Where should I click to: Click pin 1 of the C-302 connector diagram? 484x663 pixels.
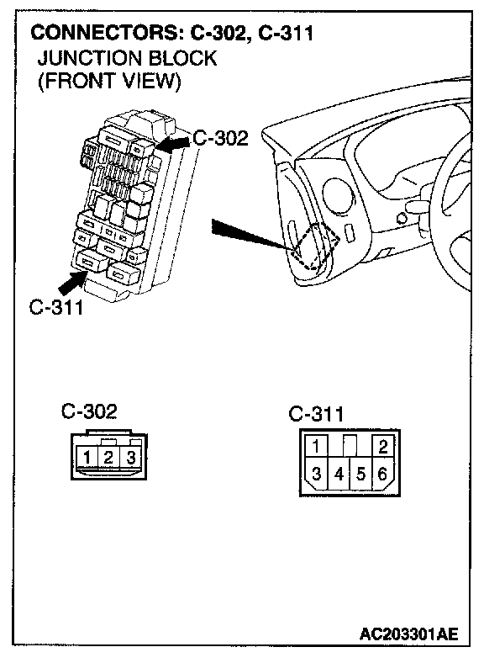(87, 458)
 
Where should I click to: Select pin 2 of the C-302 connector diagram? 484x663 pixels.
(108, 458)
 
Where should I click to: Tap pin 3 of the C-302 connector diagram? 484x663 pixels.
(131, 458)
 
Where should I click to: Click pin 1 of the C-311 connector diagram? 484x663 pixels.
(315, 446)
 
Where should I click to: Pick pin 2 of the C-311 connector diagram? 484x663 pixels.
(383, 446)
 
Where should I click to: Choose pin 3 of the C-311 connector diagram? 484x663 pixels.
(316, 474)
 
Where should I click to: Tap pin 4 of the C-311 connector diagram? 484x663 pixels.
(339, 474)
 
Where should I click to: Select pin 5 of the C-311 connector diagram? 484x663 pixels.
(360, 474)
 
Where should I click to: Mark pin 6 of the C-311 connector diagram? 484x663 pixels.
(382, 474)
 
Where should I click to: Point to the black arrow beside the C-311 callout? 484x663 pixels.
(72, 283)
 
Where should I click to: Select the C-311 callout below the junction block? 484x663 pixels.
(56, 307)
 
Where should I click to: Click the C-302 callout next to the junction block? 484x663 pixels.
(220, 138)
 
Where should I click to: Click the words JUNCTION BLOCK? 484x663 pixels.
(127, 58)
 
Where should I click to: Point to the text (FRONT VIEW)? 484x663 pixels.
(109, 81)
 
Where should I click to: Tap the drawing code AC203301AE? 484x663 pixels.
(409, 634)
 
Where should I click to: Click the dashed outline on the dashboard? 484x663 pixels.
(317, 246)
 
